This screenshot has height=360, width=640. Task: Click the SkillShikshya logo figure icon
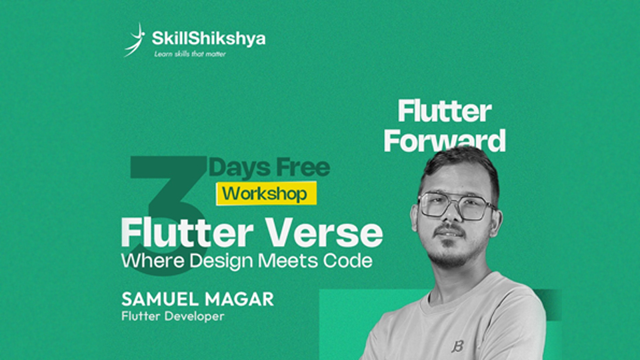click(135, 40)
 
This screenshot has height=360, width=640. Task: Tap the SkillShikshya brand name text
click(208, 38)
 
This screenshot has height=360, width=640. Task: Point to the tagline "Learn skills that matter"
click(190, 53)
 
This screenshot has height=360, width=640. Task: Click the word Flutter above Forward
click(445, 112)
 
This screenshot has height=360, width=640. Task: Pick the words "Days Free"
click(269, 167)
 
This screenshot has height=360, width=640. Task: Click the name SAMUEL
click(154, 299)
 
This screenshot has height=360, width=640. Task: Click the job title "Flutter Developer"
click(171, 317)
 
